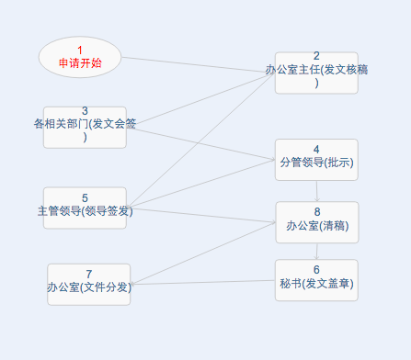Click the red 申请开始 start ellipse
click(x=80, y=57)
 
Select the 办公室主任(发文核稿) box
click(x=316, y=72)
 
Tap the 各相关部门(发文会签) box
click(x=85, y=127)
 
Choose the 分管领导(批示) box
click(x=316, y=159)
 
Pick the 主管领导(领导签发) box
click(x=85, y=208)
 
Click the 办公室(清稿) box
click(x=316, y=222)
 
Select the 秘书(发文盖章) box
click(x=316, y=280)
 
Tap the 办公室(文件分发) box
click(x=88, y=284)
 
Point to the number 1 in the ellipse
click(x=80, y=51)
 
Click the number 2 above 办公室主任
click(x=316, y=57)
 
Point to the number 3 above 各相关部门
click(x=85, y=111)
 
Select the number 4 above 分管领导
click(x=316, y=149)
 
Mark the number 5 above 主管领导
click(x=85, y=197)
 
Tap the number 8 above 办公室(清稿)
click(x=316, y=212)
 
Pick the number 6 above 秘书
click(x=316, y=270)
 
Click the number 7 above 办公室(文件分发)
click(x=88, y=275)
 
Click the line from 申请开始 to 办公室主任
click(x=198, y=64)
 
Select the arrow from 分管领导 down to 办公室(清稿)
click(x=316, y=191)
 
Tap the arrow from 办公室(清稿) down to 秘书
click(x=316, y=251)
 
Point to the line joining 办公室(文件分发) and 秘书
click(x=202, y=282)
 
